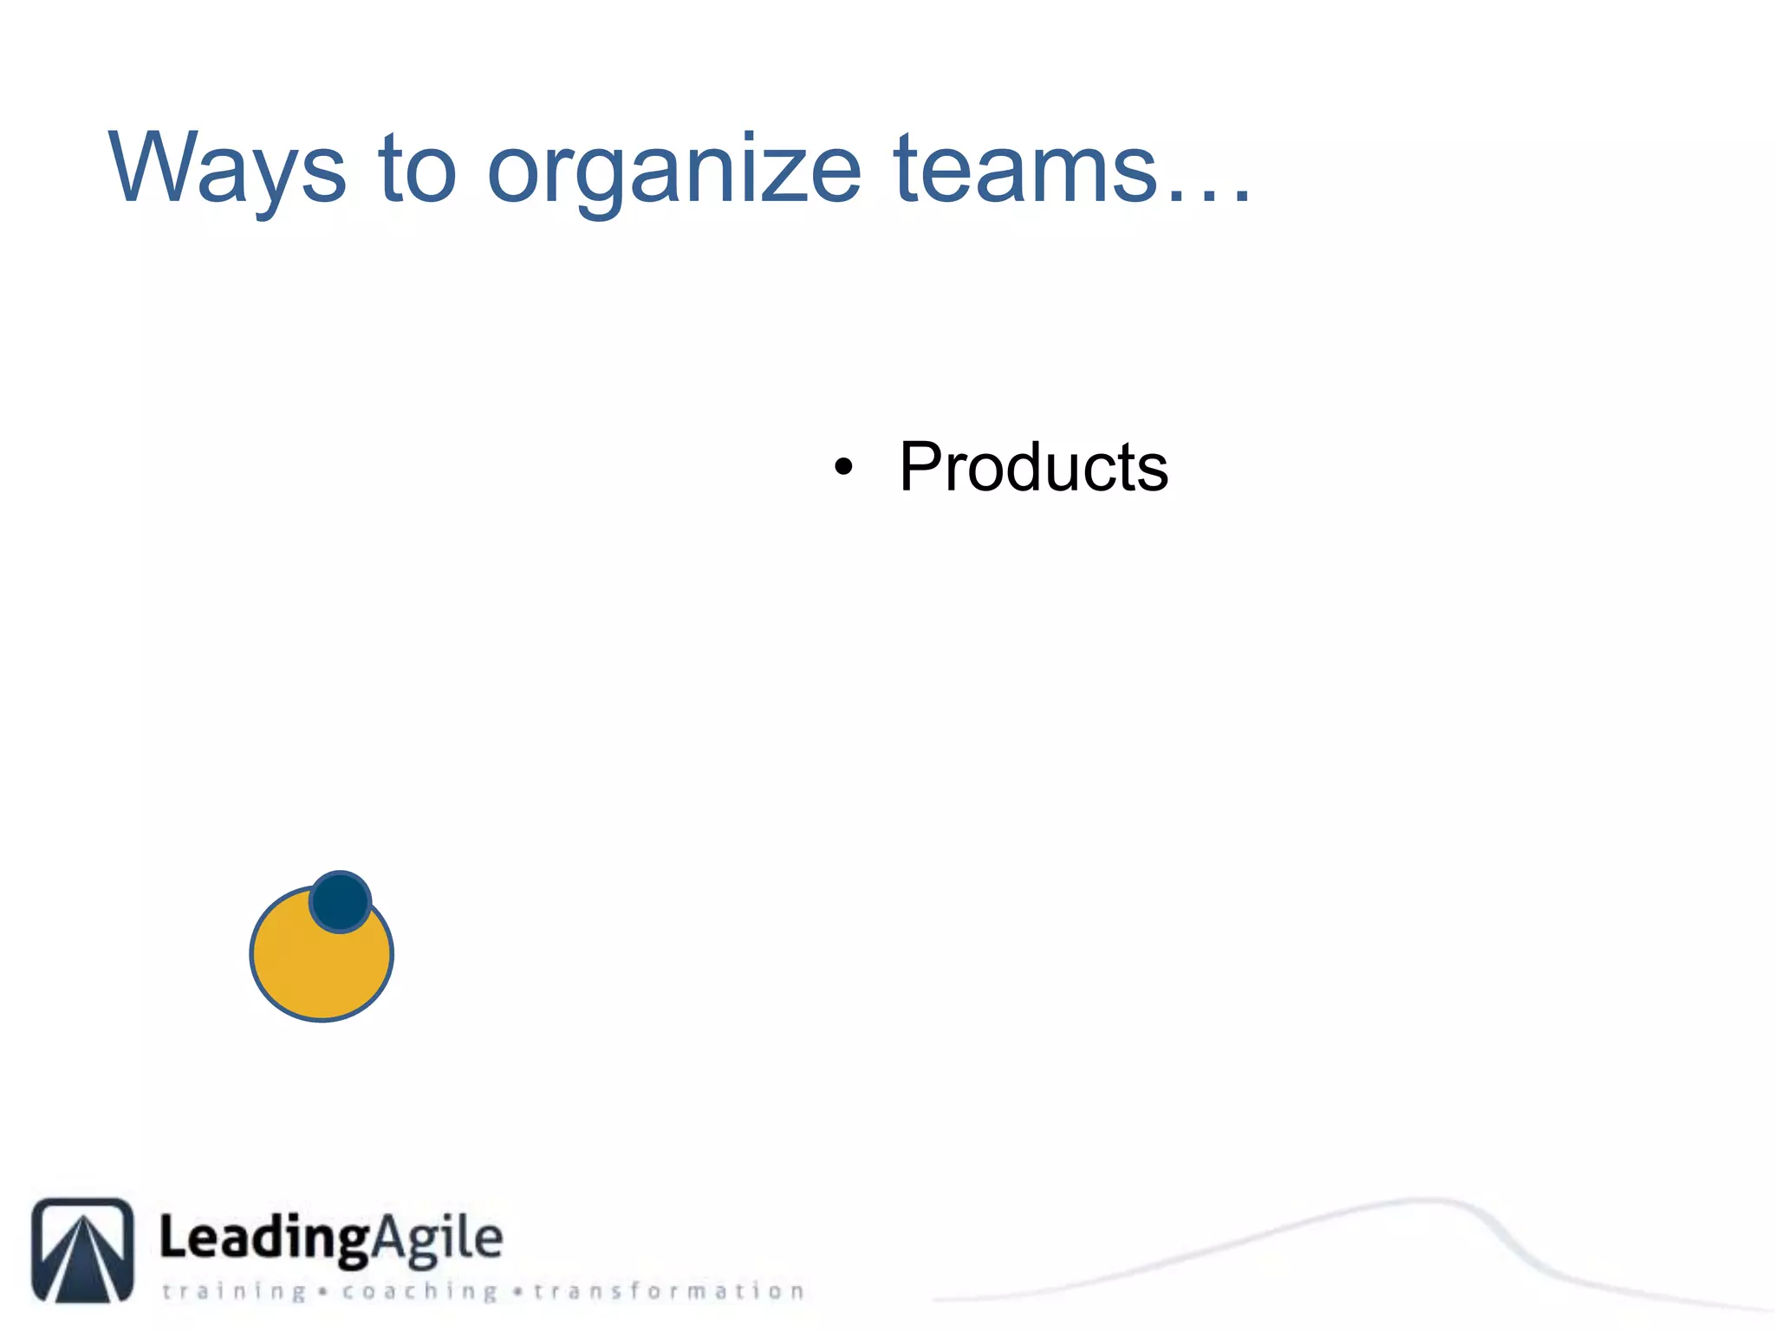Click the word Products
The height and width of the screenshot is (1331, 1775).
point(1033,467)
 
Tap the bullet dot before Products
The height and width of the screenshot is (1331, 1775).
point(842,468)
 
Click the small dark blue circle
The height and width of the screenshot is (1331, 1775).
point(341,902)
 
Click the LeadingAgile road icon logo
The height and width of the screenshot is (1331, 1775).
point(83,1250)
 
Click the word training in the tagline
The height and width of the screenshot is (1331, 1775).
point(234,1292)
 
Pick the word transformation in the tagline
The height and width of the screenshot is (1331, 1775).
point(668,1291)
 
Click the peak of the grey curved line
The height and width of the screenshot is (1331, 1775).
point(1430,1201)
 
